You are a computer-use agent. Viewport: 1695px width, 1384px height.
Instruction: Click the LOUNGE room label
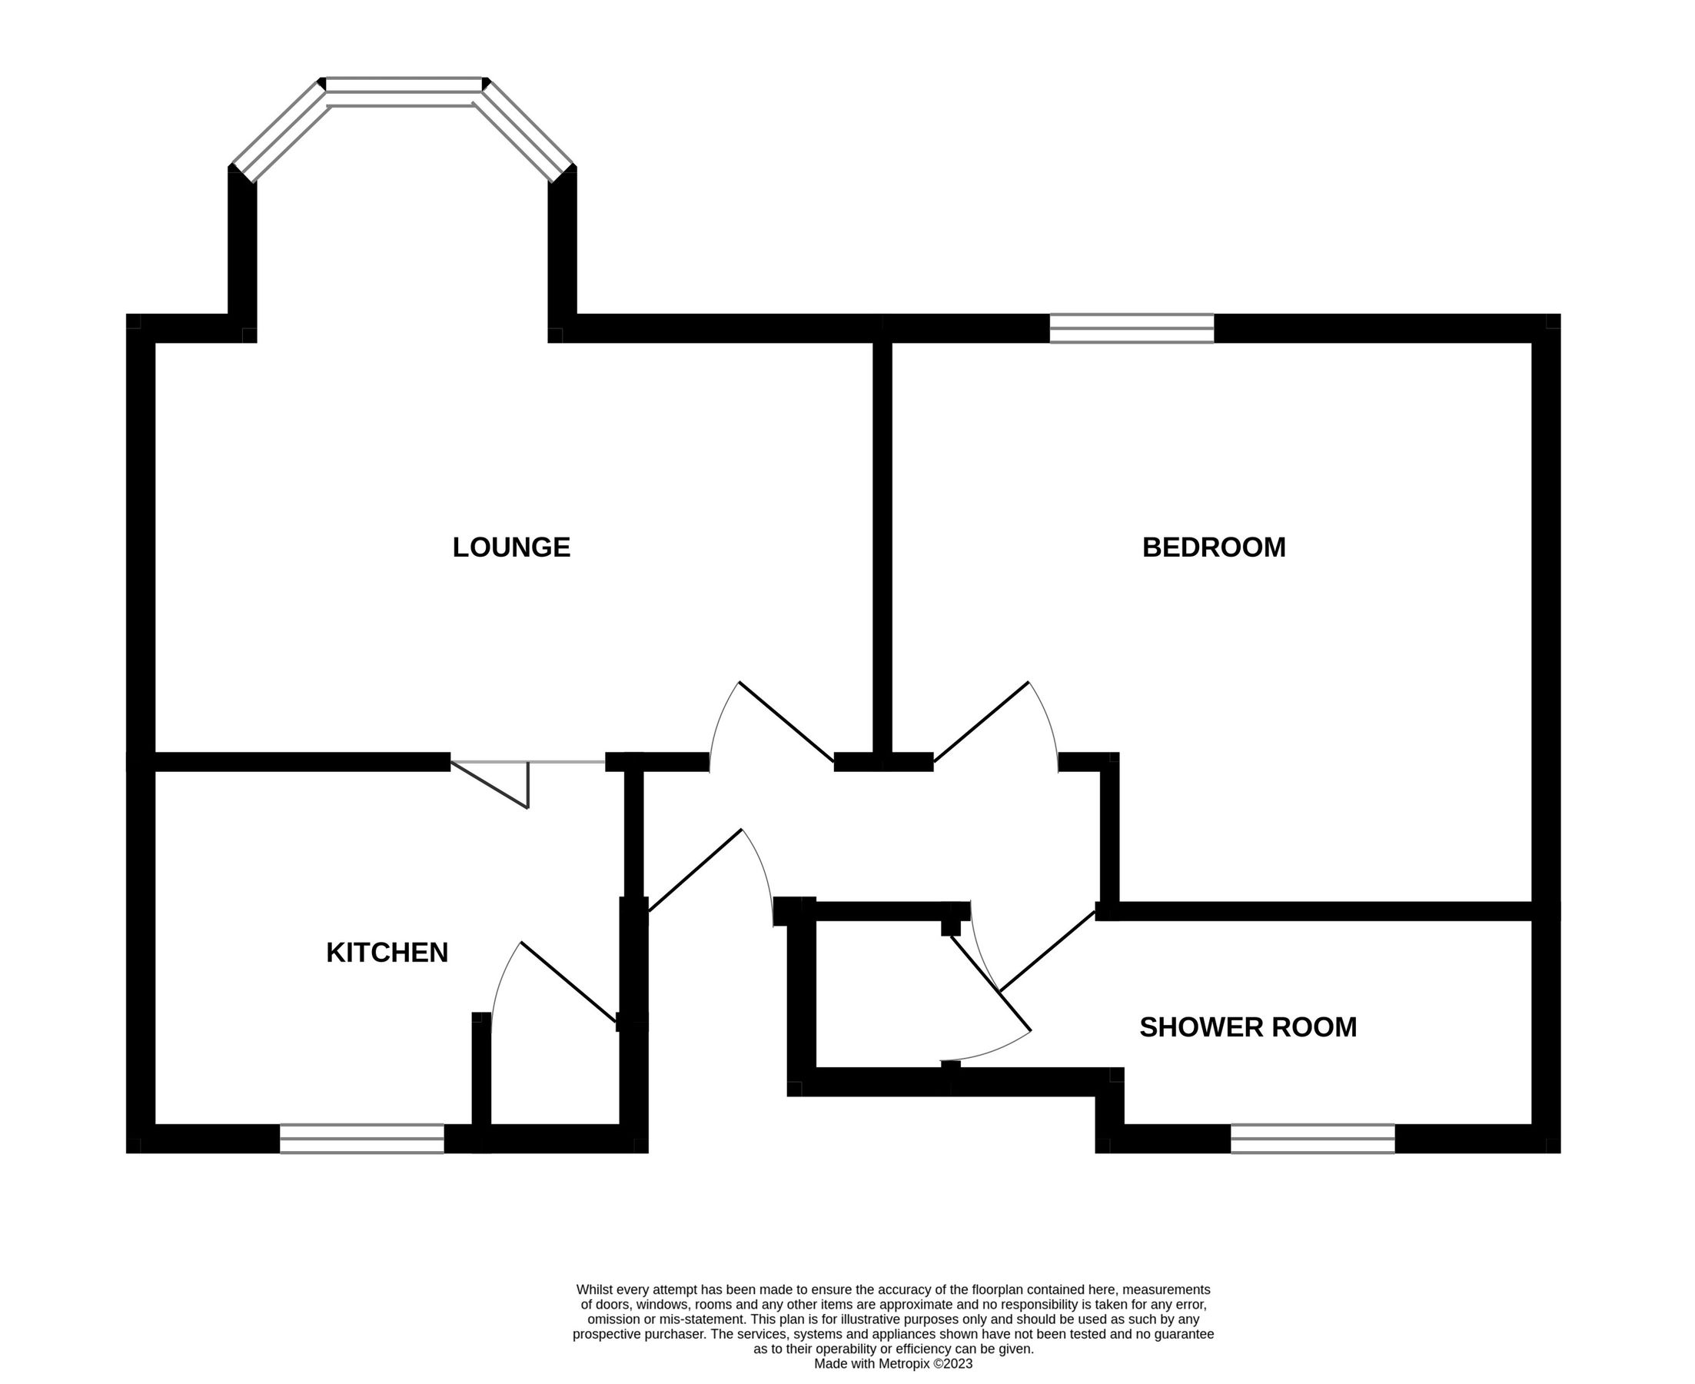click(512, 547)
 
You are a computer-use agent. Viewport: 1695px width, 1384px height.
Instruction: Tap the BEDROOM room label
click(1214, 547)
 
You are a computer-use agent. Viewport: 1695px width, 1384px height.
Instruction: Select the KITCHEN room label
click(387, 953)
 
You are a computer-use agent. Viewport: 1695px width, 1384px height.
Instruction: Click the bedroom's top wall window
click(1132, 328)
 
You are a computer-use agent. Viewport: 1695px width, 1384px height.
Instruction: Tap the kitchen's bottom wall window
click(362, 1139)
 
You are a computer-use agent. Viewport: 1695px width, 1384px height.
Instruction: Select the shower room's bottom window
click(1312, 1139)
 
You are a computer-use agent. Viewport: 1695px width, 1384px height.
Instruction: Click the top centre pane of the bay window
click(405, 86)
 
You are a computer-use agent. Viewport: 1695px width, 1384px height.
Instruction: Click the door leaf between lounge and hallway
click(786, 721)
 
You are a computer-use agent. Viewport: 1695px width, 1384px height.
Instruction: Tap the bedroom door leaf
click(981, 721)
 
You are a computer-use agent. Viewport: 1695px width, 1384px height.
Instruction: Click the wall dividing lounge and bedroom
click(882, 547)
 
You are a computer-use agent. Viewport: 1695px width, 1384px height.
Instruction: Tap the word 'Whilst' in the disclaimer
click(594, 1289)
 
